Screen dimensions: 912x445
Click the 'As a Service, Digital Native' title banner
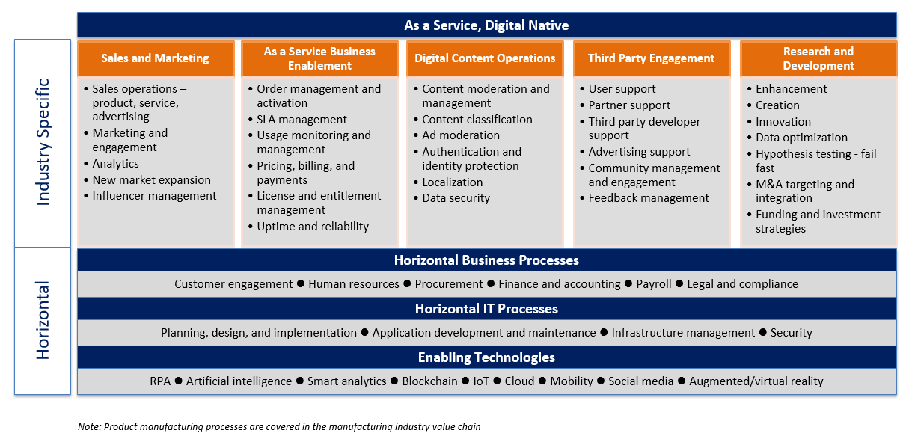pyautogui.click(x=486, y=25)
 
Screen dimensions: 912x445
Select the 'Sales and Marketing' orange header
pyautogui.click(x=156, y=58)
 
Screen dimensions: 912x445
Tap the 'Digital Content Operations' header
pyautogui.click(x=485, y=58)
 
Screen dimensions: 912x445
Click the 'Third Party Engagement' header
pyautogui.click(x=652, y=58)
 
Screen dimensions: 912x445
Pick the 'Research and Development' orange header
pyautogui.click(x=818, y=58)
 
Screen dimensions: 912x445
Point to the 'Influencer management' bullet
pyautogui.click(x=154, y=196)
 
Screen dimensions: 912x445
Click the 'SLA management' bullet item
pyautogui.click(x=302, y=120)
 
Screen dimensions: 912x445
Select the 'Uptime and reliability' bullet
pyautogui.click(x=313, y=227)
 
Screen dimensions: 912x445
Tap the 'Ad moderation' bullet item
pyautogui.click(x=460, y=135)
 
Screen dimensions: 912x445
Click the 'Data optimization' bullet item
pyautogui.click(x=801, y=137)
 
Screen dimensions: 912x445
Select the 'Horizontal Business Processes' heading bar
pyautogui.click(x=486, y=260)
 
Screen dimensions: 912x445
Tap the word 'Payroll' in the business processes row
pyautogui.click(x=653, y=283)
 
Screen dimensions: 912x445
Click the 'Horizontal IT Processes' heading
pyautogui.click(x=486, y=309)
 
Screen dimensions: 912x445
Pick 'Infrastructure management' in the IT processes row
pyautogui.click(x=683, y=333)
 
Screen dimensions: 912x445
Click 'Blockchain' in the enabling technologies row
pyautogui.click(x=429, y=381)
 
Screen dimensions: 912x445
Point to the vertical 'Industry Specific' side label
pyautogui.click(x=43, y=142)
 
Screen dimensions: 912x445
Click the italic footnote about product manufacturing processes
pyautogui.click(x=279, y=426)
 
